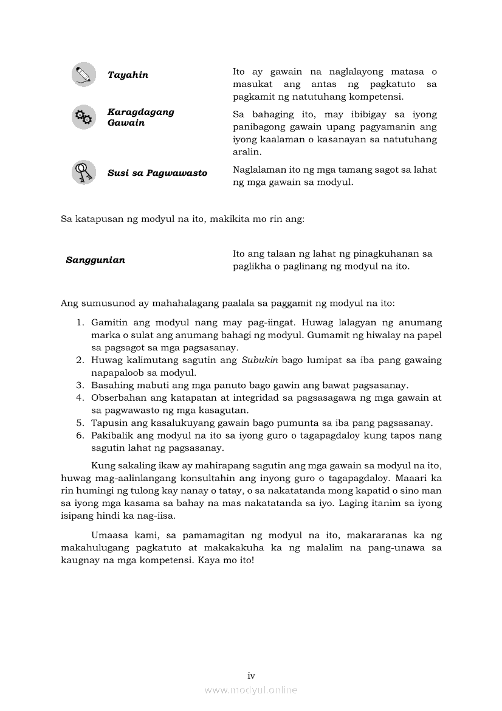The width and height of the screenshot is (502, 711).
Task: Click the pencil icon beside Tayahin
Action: click(x=83, y=74)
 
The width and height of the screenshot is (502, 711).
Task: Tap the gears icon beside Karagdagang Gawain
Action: click(x=83, y=117)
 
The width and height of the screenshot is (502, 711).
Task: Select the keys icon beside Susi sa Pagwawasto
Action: click(x=83, y=172)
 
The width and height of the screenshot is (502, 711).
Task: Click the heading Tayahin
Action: click(x=128, y=75)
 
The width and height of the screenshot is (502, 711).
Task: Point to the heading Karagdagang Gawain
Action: click(x=140, y=117)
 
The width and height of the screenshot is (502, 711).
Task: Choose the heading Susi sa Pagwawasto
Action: click(x=157, y=173)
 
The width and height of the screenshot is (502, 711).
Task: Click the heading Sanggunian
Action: click(x=95, y=260)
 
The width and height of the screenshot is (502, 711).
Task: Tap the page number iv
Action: click(x=251, y=676)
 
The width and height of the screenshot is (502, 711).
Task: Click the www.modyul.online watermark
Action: click(x=251, y=690)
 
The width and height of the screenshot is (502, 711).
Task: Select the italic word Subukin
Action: click(x=260, y=359)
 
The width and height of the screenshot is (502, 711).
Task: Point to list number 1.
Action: click(x=80, y=322)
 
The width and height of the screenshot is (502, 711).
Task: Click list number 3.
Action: click(x=80, y=385)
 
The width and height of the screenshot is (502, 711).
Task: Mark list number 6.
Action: click(x=80, y=435)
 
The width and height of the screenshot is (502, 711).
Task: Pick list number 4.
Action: click(x=80, y=398)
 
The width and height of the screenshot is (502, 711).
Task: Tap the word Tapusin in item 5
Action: click(x=108, y=423)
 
